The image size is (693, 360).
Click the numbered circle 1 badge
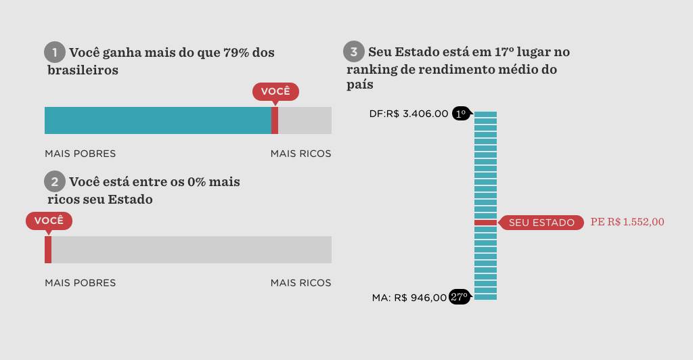tap(55, 52)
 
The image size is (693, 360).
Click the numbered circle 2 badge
tap(55, 181)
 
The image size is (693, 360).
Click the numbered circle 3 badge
tap(354, 51)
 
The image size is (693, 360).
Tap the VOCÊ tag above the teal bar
tap(275, 91)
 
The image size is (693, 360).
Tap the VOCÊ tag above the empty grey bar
tap(49, 221)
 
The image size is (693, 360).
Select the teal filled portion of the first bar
tap(158, 120)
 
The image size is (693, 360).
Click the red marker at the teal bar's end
tap(275, 120)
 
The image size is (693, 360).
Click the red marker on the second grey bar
tap(48, 250)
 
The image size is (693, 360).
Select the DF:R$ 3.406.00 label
tap(409, 114)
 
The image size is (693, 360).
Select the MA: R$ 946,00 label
tap(409, 297)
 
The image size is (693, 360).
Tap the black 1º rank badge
tap(462, 114)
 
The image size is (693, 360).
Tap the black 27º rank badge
tap(460, 297)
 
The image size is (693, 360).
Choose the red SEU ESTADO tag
tap(541, 223)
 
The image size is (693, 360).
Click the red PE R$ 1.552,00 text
tap(627, 222)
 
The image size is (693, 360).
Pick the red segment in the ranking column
tap(485, 223)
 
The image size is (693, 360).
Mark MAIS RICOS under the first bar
tap(300, 154)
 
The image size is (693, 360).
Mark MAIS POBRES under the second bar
tap(80, 283)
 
